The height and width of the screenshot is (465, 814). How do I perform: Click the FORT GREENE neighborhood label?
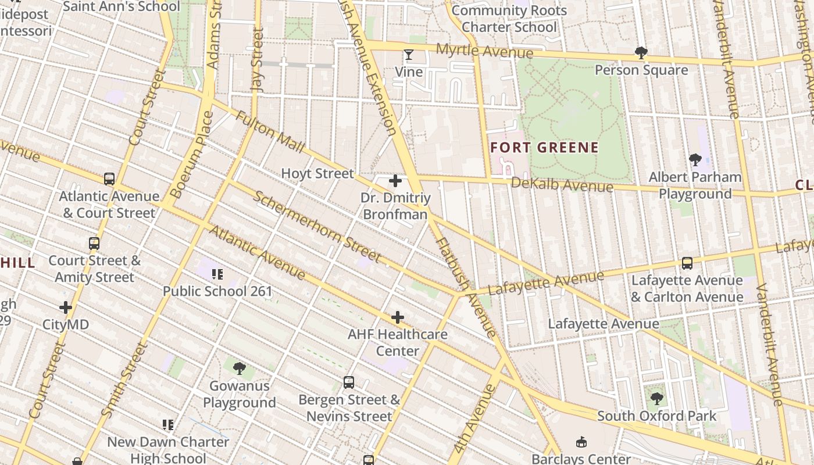tap(544, 147)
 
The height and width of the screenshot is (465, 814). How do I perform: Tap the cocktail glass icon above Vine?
tap(409, 55)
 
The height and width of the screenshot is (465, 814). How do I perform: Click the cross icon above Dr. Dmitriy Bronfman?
tap(395, 181)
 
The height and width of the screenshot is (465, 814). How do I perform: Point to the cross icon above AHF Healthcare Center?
tap(398, 317)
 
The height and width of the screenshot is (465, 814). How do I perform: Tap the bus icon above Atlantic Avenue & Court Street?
tap(109, 179)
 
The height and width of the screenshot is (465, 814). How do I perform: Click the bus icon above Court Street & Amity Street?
tap(94, 244)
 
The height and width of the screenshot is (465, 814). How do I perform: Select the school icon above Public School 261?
tap(217, 274)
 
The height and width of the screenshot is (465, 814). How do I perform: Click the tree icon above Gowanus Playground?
tap(239, 369)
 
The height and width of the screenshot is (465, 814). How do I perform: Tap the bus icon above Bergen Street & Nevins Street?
tap(349, 382)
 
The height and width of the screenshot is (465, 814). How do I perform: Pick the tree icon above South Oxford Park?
tap(657, 399)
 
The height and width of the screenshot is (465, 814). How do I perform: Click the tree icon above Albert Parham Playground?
tap(695, 160)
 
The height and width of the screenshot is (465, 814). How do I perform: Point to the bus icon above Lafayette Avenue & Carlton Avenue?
tap(687, 263)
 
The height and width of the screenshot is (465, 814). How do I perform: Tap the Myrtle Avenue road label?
tap(484, 51)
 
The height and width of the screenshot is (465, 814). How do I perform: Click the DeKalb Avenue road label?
tap(562, 185)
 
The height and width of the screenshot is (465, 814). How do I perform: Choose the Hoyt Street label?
tap(317, 173)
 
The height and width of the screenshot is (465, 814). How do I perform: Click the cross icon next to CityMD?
tap(66, 307)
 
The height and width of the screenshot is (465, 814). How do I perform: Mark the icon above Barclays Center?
tap(581, 442)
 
